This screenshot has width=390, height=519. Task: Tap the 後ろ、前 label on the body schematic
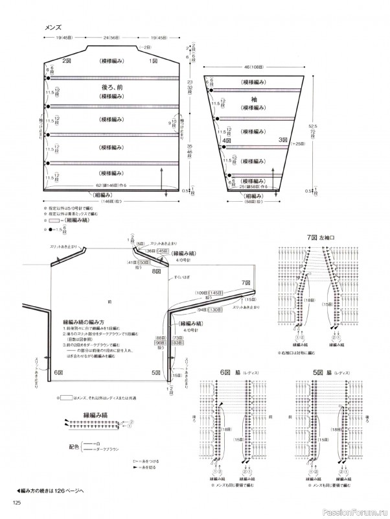112,86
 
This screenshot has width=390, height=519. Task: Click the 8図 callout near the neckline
156,271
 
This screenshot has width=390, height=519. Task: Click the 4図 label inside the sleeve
227,139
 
